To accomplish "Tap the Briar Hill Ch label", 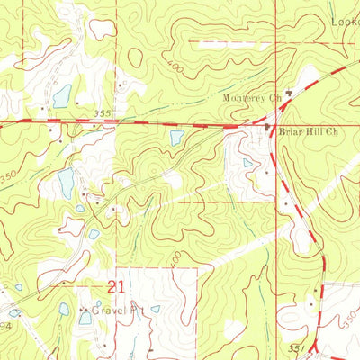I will [308, 131].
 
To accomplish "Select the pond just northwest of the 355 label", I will [61, 96].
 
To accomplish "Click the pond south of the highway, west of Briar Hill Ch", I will [176, 137].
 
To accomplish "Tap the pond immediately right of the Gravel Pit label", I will [155, 309].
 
